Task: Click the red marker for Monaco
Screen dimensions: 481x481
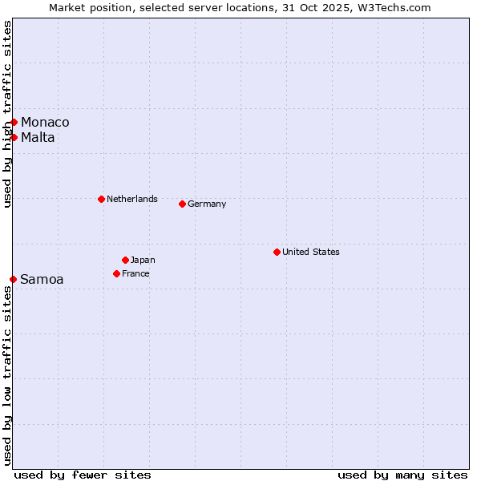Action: coord(14,122)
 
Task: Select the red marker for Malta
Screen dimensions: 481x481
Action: coord(14,137)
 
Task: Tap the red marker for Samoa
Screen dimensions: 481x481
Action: coord(13,279)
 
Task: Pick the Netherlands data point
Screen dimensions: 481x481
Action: coord(101,199)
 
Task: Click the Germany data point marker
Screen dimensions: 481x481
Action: coord(182,204)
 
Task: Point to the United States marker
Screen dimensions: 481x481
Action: coord(277,252)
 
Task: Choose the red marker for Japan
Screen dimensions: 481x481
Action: coord(125,260)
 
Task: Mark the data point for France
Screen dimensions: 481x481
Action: coord(116,273)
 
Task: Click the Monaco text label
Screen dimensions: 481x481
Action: coord(45,122)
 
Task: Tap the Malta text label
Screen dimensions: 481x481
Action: coord(38,137)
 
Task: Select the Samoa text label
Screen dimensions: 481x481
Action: coord(42,279)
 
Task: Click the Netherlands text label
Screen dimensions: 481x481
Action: coord(132,199)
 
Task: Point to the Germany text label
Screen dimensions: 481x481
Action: coord(207,204)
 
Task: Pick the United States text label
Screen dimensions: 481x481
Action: coord(311,252)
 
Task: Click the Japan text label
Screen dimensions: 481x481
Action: coord(143,260)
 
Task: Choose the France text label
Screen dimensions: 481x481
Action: coord(135,273)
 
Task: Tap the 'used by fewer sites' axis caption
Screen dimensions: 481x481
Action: coord(83,475)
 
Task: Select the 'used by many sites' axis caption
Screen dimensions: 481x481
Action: coord(402,475)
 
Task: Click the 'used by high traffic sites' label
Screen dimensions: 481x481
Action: coord(7,114)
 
